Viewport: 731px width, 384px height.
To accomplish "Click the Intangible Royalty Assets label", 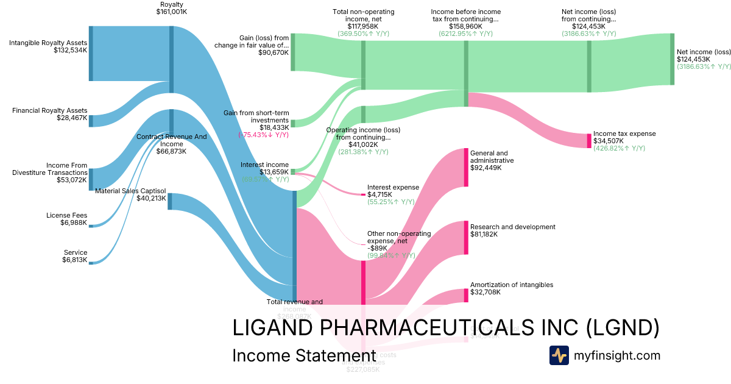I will click(48, 43).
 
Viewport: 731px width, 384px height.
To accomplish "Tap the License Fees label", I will click(66, 215).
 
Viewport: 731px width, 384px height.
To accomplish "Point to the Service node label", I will click(76, 252).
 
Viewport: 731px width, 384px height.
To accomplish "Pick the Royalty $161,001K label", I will click(171, 8).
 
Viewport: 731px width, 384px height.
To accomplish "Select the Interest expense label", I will click(393, 187).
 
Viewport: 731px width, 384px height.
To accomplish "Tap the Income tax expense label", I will click(624, 133).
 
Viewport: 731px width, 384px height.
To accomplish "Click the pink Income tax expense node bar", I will click(588, 141).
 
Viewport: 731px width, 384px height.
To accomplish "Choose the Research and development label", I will click(513, 227).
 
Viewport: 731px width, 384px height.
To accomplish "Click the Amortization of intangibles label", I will click(512, 285).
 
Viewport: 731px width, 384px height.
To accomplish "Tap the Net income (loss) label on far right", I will click(703, 51).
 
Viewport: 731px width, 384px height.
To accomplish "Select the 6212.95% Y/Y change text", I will click(465, 34).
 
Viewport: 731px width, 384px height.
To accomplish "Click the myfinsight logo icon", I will click(559, 355).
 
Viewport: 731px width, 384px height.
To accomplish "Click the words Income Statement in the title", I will click(303, 355).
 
